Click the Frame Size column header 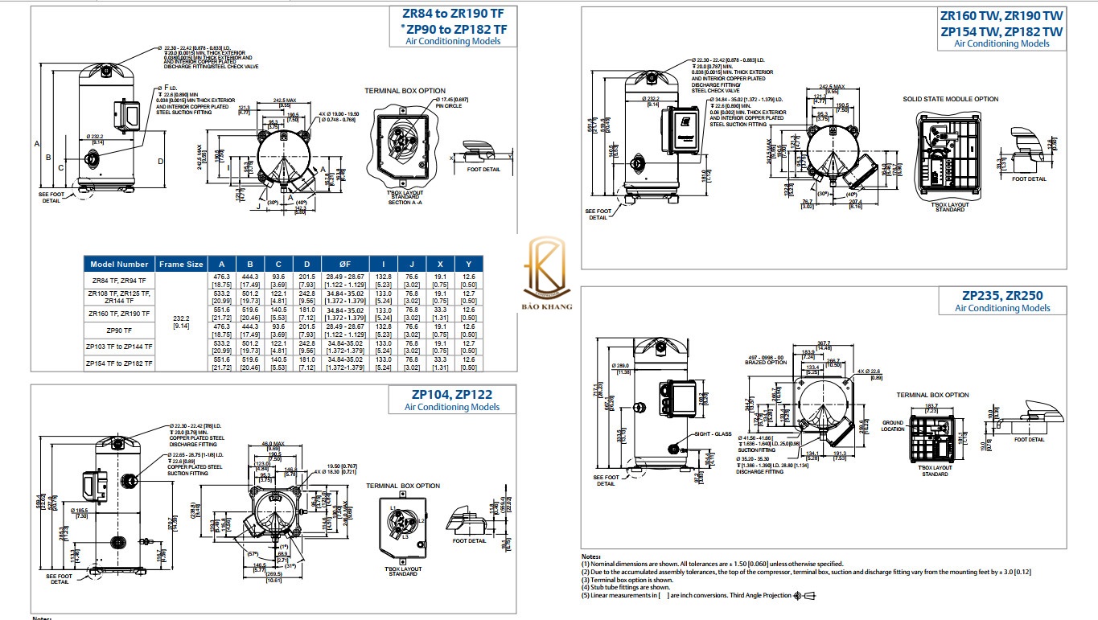181,264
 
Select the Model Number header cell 119,264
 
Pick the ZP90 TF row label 119,330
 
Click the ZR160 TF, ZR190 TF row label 119,313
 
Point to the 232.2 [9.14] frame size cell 181,322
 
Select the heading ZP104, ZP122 452,395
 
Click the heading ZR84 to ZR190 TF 454,14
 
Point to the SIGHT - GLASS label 712,434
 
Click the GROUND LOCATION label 893,425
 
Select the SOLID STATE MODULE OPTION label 950,100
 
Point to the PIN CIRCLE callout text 451,105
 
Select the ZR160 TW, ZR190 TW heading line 1001,15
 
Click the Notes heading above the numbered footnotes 591,556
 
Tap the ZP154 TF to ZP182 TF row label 119,363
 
